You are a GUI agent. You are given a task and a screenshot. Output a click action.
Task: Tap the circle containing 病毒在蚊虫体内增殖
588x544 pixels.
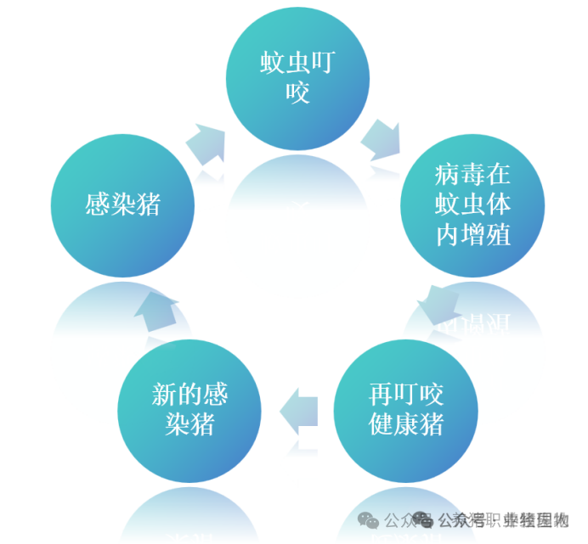tap(473, 204)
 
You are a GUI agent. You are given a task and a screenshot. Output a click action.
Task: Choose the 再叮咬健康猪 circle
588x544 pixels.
tap(406, 408)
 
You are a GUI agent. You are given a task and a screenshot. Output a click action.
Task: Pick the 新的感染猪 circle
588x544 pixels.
tap(189, 408)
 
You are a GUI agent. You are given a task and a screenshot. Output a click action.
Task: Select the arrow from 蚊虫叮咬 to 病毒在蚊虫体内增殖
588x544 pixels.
tap(382, 139)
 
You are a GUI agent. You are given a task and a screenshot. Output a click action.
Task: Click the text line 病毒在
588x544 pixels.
tap(473, 175)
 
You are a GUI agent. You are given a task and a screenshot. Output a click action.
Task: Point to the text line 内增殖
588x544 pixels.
tap(473, 233)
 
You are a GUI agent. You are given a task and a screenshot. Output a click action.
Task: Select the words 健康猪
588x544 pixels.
tap(406, 423)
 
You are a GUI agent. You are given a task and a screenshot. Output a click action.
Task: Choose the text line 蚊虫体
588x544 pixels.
tap(473, 205)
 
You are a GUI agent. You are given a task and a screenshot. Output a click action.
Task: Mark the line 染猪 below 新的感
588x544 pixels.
tap(189, 423)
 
